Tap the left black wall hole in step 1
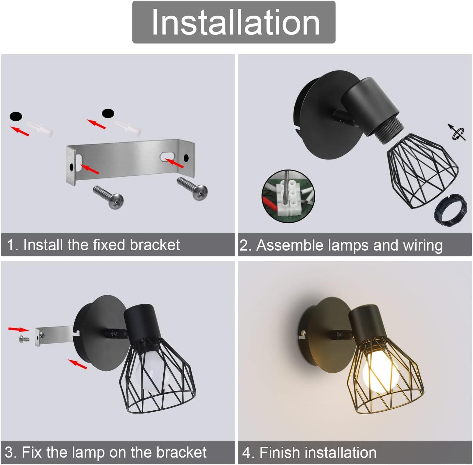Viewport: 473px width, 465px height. pos(16,116)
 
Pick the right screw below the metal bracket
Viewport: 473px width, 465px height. pos(192,188)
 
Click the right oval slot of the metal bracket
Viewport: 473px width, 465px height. pos(167,156)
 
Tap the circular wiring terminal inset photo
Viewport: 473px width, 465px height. pos(288,196)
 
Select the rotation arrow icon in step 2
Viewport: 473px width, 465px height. pos(457,133)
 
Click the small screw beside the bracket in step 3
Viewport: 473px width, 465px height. pos(24,339)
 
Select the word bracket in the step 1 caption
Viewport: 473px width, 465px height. pos(155,245)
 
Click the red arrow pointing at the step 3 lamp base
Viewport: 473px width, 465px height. pos(77,364)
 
